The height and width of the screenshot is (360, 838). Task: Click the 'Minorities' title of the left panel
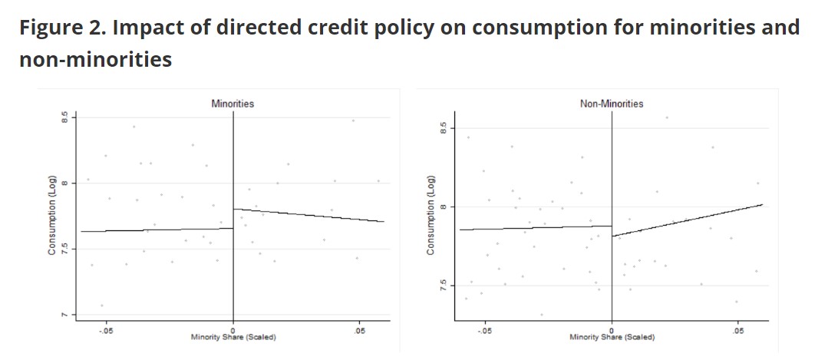pyautogui.click(x=233, y=104)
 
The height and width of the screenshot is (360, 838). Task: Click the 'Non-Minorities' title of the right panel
pyautogui.click(x=612, y=104)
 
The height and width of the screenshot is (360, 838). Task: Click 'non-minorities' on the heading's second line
pyautogui.click(x=95, y=59)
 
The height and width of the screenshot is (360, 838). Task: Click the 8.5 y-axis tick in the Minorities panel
pyautogui.click(x=65, y=117)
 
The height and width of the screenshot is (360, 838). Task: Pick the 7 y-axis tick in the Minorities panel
pyautogui.click(x=65, y=315)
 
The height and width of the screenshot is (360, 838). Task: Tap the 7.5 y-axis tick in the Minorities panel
pyautogui.click(x=65, y=249)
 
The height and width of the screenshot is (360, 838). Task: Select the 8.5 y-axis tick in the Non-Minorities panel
pyautogui.click(x=444, y=127)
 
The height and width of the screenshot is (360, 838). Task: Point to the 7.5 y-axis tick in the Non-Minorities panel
pyautogui.click(x=444, y=286)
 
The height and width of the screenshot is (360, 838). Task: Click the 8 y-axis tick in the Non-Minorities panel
pyautogui.click(x=444, y=206)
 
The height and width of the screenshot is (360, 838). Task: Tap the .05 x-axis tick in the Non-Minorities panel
pyautogui.click(x=737, y=331)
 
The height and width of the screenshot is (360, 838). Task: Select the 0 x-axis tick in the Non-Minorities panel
pyautogui.click(x=612, y=331)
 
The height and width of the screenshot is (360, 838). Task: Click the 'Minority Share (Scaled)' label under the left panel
pyautogui.click(x=233, y=338)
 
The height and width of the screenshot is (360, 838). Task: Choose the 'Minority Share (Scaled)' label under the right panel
pyautogui.click(x=612, y=338)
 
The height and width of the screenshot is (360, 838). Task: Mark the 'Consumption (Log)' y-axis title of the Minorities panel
pyautogui.click(x=52, y=217)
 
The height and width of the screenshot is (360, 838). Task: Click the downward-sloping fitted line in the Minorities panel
pyautogui.click(x=307, y=215)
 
